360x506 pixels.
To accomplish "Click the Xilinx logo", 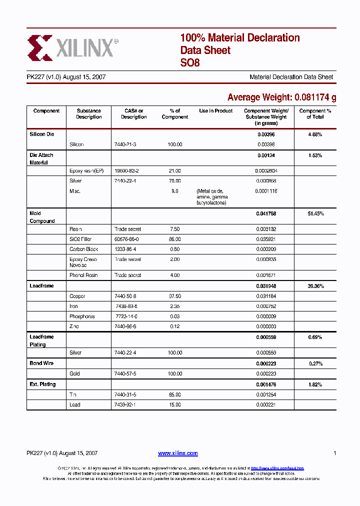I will click(x=72, y=48).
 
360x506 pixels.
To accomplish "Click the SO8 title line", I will click(x=190, y=63).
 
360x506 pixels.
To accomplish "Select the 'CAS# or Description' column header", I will click(x=133, y=114).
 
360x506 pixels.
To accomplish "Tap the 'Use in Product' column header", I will click(x=215, y=111).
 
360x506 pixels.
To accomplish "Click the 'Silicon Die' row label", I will click(x=41, y=134).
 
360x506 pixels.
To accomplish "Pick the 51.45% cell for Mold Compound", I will click(x=315, y=213).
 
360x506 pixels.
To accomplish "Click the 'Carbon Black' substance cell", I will click(x=83, y=249).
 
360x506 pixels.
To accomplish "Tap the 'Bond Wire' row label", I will click(x=41, y=363).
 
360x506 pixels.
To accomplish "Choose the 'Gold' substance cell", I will click(x=74, y=374).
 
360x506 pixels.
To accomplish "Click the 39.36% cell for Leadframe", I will click(x=315, y=286).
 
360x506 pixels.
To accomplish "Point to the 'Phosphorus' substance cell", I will click(x=82, y=316).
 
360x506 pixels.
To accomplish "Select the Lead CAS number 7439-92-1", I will click(x=125, y=405).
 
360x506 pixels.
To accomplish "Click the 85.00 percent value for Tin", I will click(x=175, y=394).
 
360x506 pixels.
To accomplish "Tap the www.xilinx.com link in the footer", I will click(x=177, y=453).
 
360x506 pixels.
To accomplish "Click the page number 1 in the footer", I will click(x=334, y=453).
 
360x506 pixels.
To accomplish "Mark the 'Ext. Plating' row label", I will click(x=42, y=384).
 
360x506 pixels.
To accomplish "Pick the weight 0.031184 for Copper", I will click(x=266, y=296).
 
